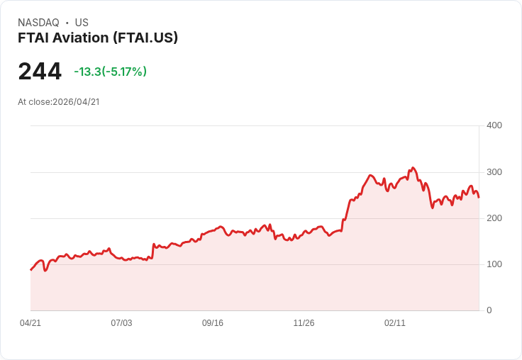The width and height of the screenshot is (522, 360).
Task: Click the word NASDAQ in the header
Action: pyautogui.click(x=38, y=23)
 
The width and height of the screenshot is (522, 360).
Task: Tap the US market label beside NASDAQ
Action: pyautogui.click(x=82, y=23)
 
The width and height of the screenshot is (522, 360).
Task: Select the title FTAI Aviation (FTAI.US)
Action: pyautogui.click(x=98, y=38)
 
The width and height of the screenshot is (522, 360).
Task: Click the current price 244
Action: pyautogui.click(x=40, y=72)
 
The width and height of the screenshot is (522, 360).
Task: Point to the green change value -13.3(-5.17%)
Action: pyautogui.click(x=110, y=72)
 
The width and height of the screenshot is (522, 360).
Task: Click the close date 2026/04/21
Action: pyautogui.click(x=76, y=102)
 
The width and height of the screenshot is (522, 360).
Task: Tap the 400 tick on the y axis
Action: pyautogui.click(x=494, y=125)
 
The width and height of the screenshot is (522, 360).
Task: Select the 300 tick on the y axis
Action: pyautogui.click(x=494, y=172)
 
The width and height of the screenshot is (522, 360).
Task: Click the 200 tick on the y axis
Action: pyautogui.click(x=494, y=218)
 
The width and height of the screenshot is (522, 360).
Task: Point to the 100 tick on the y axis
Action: pyautogui.click(x=494, y=264)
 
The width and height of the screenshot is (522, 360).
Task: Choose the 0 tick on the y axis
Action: pyautogui.click(x=489, y=310)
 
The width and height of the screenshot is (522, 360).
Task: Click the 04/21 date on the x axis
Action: pyautogui.click(x=30, y=323)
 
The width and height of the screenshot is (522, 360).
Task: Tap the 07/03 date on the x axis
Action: pyautogui.click(x=121, y=323)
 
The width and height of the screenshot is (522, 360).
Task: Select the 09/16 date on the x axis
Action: pyautogui.click(x=213, y=323)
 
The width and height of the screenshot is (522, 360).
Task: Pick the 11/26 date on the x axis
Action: pyautogui.click(x=304, y=323)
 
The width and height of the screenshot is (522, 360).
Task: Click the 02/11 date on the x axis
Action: pyautogui.click(x=395, y=323)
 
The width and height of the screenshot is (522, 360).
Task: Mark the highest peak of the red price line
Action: pyautogui.click(x=413, y=168)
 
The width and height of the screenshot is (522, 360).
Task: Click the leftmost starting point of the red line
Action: pyautogui.click(x=30, y=270)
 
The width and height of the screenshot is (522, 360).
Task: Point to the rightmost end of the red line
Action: pyautogui.click(x=479, y=197)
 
